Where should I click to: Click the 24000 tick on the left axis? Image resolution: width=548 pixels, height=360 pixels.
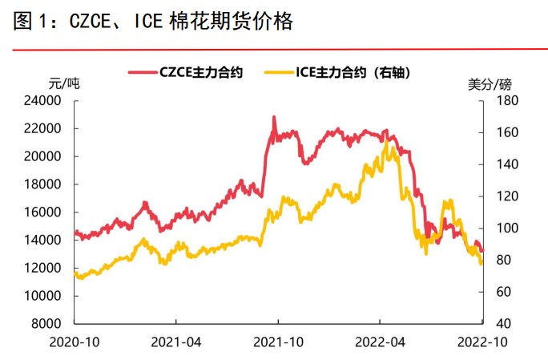pyautogui.click(x=45, y=101)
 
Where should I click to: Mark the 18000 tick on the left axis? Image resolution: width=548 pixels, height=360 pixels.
pyautogui.click(x=45, y=184)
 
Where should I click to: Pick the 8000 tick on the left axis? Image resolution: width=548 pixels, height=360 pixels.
pyautogui.click(x=48, y=324)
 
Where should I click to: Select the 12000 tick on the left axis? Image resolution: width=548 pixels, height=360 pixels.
pyautogui.click(x=45, y=268)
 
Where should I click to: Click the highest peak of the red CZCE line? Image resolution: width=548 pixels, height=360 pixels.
pyautogui.click(x=274, y=117)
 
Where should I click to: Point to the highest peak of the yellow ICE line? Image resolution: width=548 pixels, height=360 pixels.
pyautogui.click(x=388, y=142)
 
